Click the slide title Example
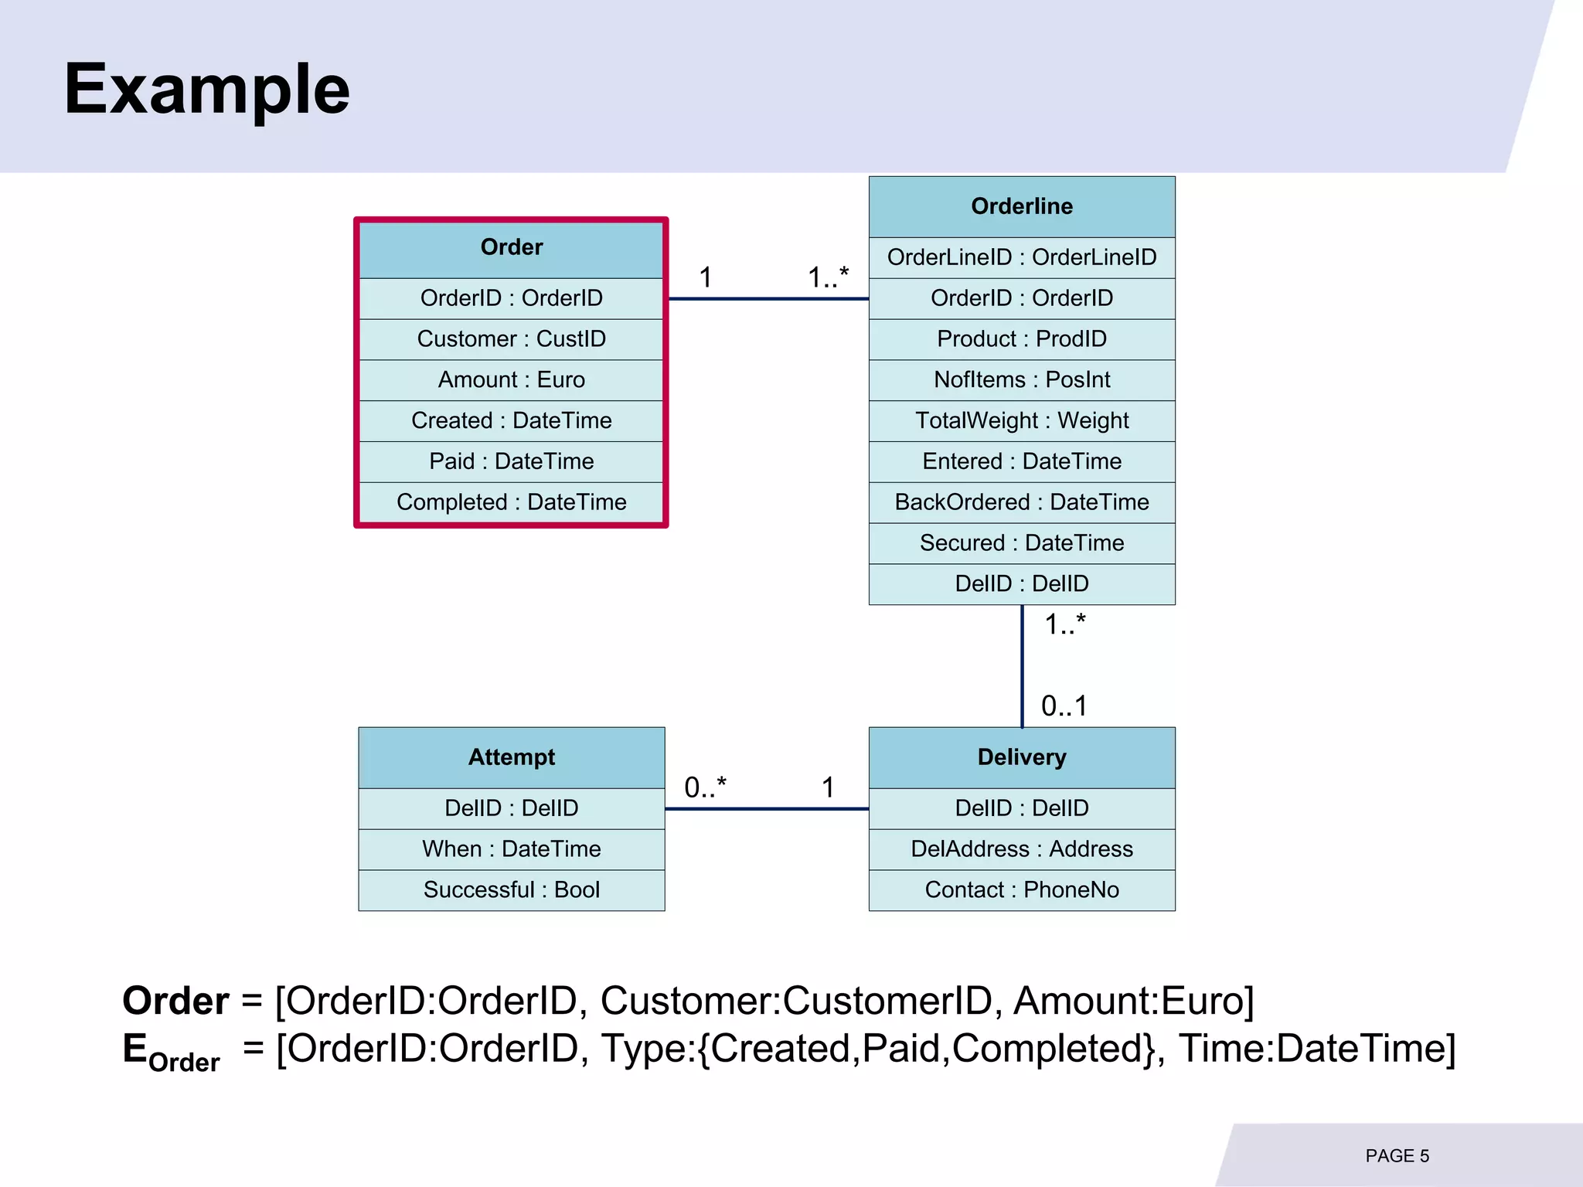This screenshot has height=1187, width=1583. click(x=206, y=89)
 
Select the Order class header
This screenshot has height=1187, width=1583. click(x=511, y=247)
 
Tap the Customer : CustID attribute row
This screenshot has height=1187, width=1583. click(x=511, y=338)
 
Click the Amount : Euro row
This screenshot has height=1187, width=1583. click(x=511, y=379)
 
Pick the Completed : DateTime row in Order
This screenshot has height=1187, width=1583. click(x=511, y=502)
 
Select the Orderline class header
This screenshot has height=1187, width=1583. click(x=1021, y=206)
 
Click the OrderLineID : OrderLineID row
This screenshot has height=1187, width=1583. click(x=1021, y=257)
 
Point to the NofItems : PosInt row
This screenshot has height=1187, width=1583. click(x=1021, y=379)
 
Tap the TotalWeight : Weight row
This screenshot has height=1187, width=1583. click(x=1021, y=420)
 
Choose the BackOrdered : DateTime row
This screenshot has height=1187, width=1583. click(x=1021, y=502)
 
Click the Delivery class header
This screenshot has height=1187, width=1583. click(x=1021, y=757)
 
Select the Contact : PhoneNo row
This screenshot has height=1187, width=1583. click(x=1021, y=889)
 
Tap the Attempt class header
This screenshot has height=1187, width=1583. click(x=511, y=757)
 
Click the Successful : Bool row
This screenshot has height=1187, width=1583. click(x=511, y=889)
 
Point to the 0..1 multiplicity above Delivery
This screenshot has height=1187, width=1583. click(x=1064, y=706)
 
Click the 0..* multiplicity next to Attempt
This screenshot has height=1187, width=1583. click(x=705, y=787)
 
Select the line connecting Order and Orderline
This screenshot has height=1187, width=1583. click(x=768, y=298)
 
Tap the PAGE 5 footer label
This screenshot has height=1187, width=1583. click(x=1397, y=1156)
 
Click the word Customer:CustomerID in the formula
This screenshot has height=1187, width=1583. click(x=795, y=1001)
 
